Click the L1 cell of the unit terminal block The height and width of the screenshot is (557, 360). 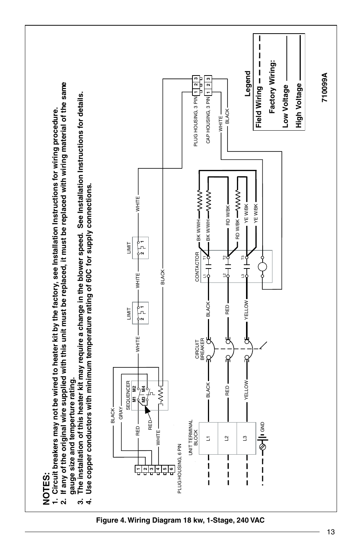tap(208, 438)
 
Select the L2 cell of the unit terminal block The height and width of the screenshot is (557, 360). tap(227, 438)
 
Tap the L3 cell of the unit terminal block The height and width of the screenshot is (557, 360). tap(246, 438)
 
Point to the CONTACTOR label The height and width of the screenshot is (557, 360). tap(197, 267)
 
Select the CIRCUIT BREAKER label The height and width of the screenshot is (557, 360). tap(199, 350)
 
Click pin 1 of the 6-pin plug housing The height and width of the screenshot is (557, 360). tap(139, 468)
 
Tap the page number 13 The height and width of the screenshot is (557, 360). tap(331, 532)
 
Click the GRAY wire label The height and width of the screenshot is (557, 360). tap(121, 414)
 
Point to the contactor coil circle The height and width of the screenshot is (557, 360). tap(262, 267)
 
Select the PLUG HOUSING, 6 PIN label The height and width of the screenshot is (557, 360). tap(180, 469)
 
